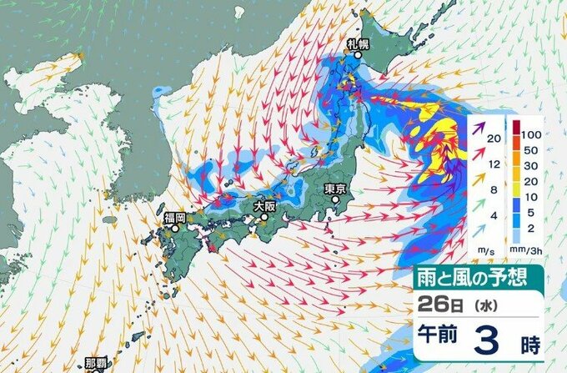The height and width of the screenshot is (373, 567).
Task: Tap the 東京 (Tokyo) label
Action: [335, 189]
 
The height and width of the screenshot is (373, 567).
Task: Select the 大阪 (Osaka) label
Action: [263, 204]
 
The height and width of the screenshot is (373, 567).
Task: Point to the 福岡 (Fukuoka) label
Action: [175, 217]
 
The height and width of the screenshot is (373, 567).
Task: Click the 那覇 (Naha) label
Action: [97, 363]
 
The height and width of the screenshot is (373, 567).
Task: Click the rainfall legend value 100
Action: [534, 133]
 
